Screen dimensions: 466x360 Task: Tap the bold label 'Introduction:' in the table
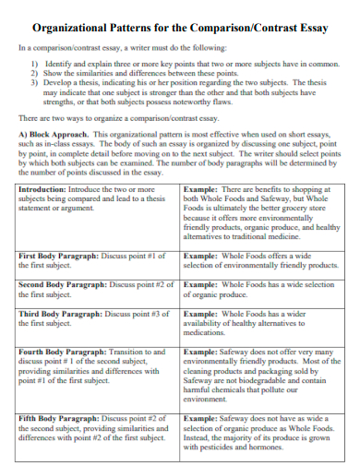pyautogui.click(x=42, y=188)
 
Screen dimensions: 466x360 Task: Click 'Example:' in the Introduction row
pyautogui.click(x=200, y=188)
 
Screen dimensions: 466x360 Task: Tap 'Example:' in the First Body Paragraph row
pyautogui.click(x=200, y=255)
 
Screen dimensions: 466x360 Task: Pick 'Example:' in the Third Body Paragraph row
pyautogui.click(x=200, y=315)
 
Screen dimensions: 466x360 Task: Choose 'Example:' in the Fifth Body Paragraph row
pyautogui.click(x=200, y=419)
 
